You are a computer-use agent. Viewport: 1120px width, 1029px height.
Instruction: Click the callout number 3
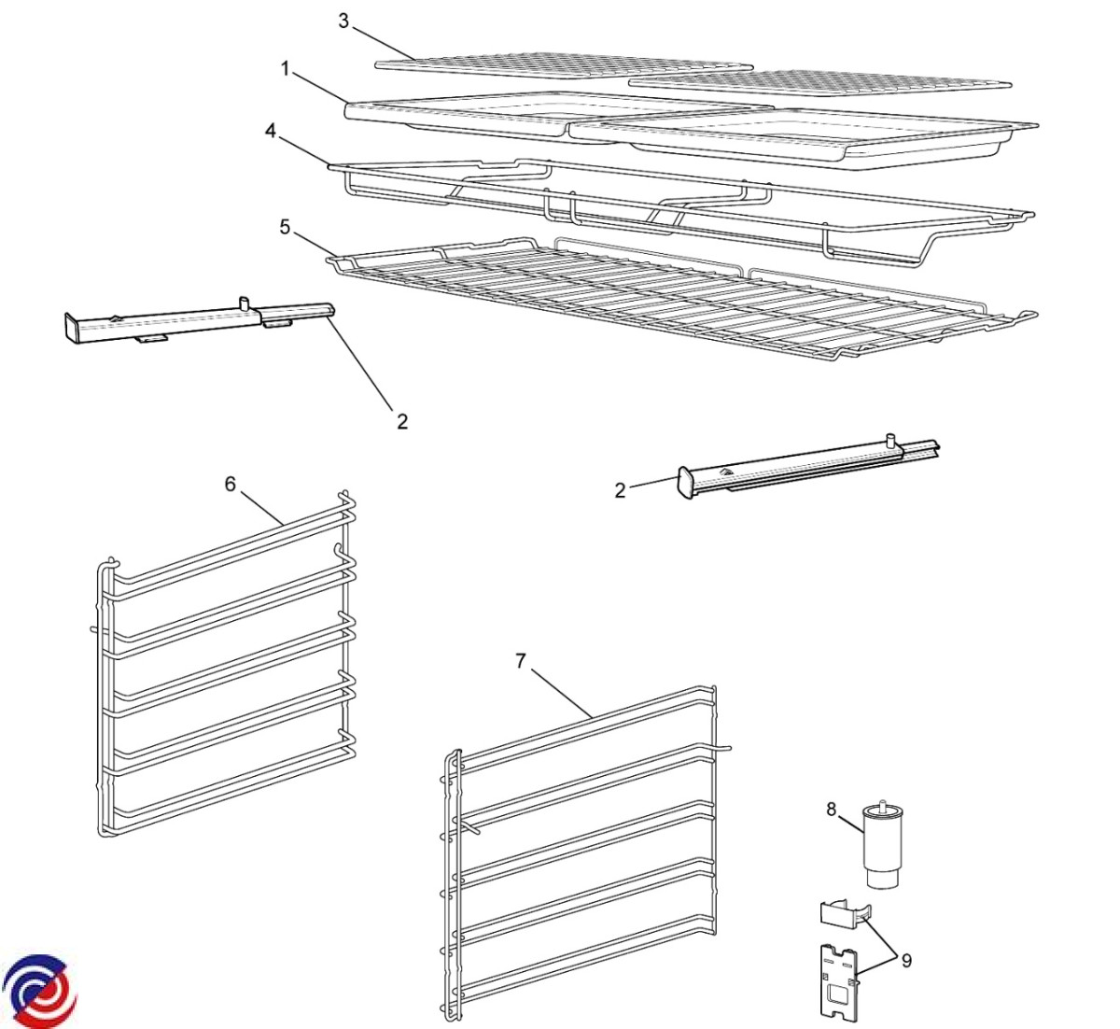pos(343,21)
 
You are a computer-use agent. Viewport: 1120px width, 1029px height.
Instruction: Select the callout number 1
pos(286,70)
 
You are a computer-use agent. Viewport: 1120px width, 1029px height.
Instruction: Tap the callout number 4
pos(271,132)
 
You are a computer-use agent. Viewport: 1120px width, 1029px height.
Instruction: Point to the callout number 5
pos(285,227)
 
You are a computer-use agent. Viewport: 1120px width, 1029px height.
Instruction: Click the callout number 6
pos(231,484)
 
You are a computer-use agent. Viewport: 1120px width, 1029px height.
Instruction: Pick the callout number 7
pos(521,661)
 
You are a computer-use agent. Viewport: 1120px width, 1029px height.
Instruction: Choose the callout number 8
pos(832,809)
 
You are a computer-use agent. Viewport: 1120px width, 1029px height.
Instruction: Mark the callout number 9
pos(906,960)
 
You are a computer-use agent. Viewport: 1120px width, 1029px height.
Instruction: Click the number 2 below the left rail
pos(402,421)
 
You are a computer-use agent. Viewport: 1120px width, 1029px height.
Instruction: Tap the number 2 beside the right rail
pos(620,490)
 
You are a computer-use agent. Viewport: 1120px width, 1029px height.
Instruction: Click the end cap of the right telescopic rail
pos(686,481)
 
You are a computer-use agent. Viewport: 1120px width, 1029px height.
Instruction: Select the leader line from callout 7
pos(561,693)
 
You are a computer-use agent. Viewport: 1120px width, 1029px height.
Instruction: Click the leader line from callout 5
pos(312,245)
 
